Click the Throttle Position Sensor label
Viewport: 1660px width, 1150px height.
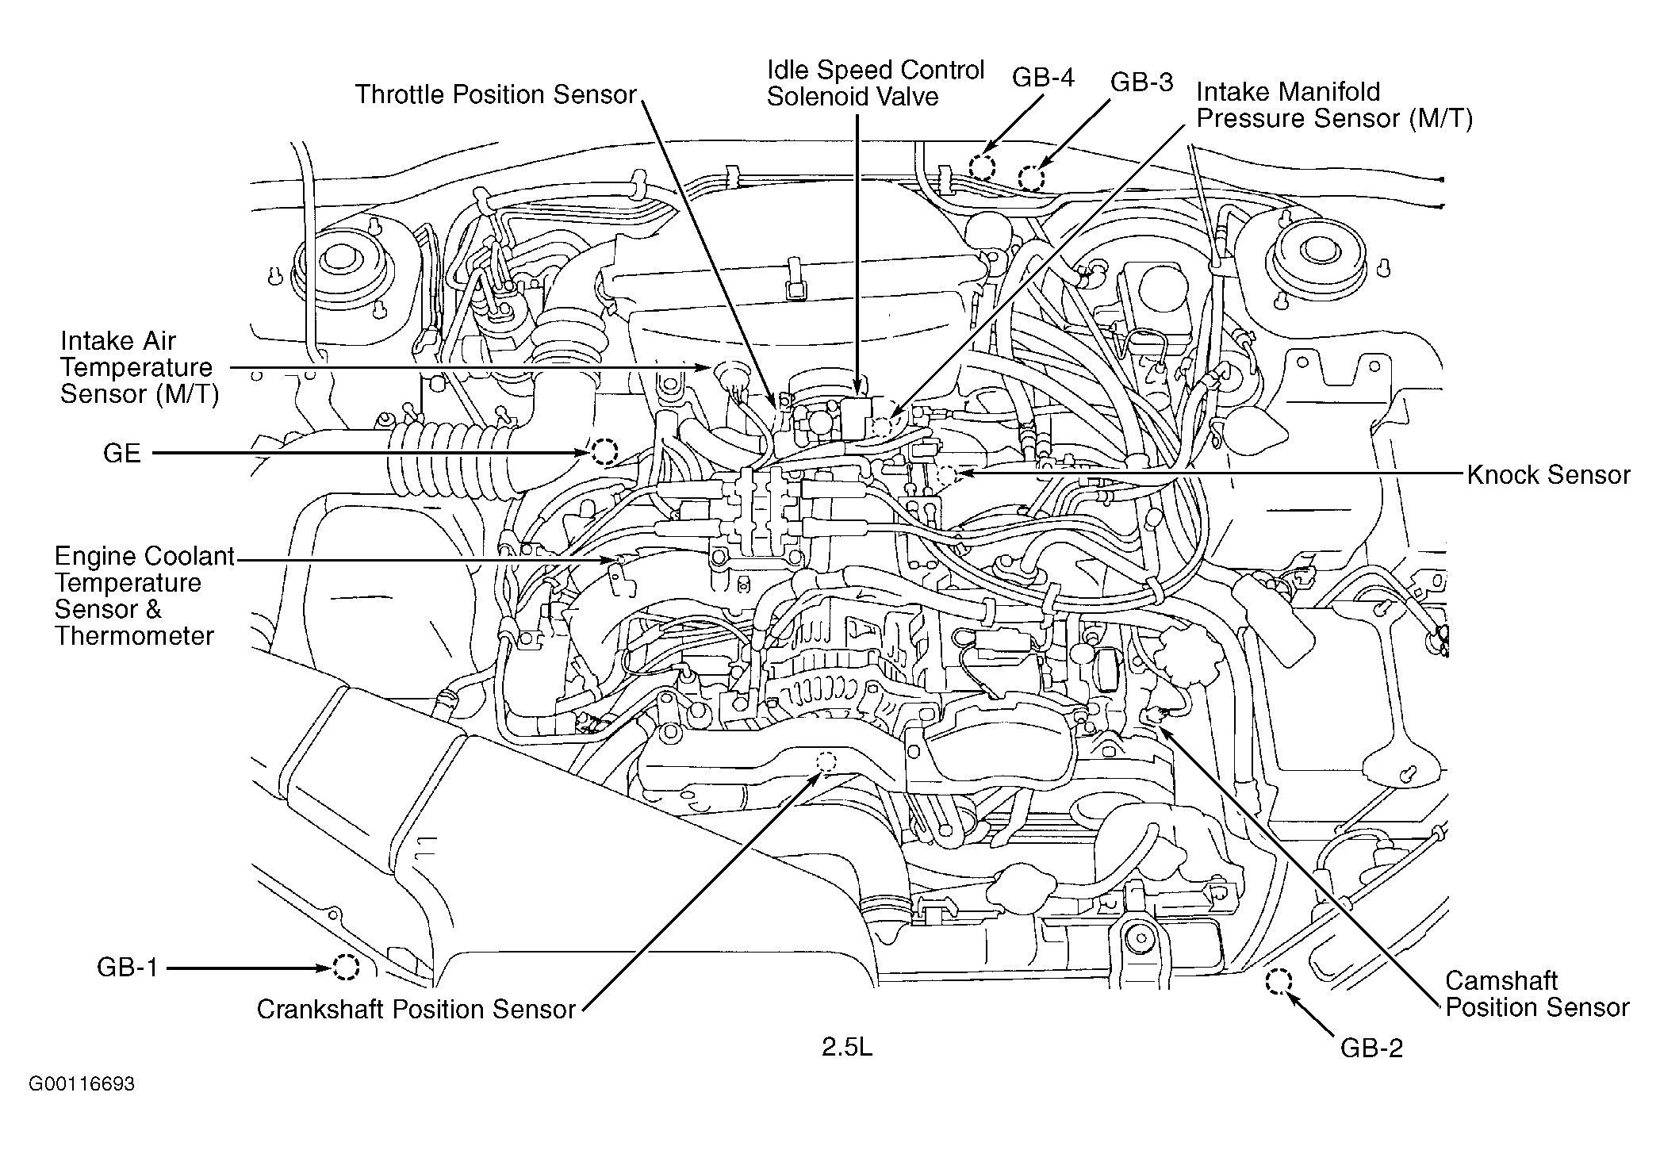click(496, 94)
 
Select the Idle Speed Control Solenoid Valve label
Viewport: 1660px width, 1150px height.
click(876, 83)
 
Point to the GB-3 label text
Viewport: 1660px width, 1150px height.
click(1141, 82)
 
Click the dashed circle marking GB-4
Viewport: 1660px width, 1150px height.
click(982, 167)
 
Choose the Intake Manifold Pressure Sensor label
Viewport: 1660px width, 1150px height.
click(1334, 105)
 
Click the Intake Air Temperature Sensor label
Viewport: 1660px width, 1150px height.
click(139, 367)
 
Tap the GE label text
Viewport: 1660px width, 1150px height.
click(122, 454)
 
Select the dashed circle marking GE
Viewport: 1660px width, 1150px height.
click(604, 452)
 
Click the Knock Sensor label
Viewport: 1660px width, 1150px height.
click(1548, 475)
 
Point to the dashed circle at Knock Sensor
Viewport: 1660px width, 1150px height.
click(947, 475)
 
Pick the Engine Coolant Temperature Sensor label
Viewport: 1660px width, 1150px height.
click(144, 596)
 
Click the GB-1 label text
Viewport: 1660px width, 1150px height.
click(128, 968)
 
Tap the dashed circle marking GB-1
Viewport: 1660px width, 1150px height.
click(346, 967)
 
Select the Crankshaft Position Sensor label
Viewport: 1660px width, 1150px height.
click(416, 1009)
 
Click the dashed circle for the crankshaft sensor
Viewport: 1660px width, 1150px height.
click(826, 761)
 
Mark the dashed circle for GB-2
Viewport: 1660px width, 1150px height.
click(1278, 982)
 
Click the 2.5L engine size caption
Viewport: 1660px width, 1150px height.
click(846, 1048)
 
